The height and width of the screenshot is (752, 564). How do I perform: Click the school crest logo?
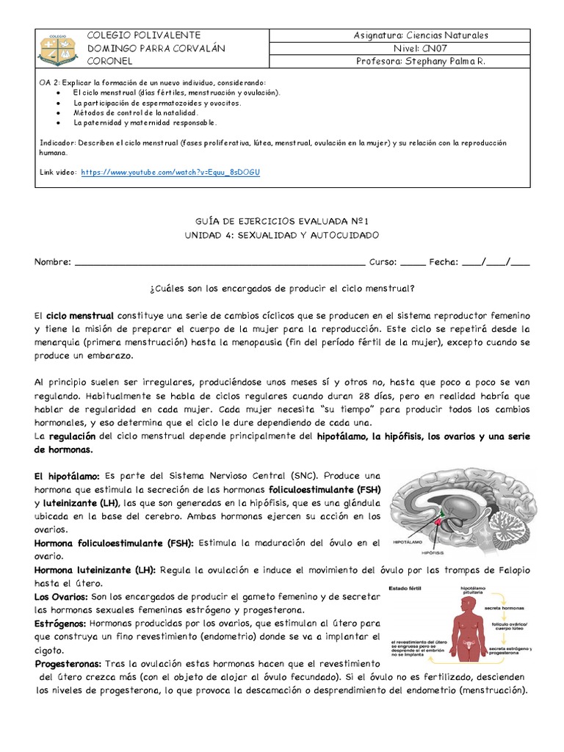(x=59, y=48)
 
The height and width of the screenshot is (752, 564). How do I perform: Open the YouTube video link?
(x=170, y=172)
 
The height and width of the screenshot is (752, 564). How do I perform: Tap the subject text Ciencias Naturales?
(x=449, y=35)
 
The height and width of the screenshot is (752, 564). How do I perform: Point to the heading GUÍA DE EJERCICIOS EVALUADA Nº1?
(x=281, y=220)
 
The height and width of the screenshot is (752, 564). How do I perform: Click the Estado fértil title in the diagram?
(x=405, y=587)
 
